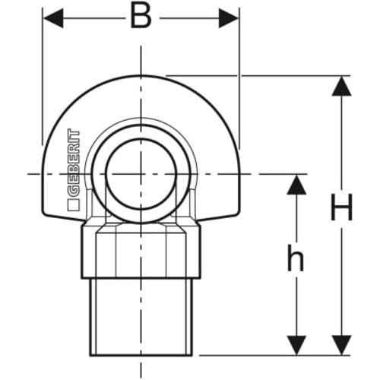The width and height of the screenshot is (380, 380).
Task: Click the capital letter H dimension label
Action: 342,207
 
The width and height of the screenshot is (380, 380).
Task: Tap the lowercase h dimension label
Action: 296,258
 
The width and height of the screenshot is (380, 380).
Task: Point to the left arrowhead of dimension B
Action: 53,18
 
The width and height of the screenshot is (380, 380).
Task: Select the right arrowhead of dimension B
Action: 229,18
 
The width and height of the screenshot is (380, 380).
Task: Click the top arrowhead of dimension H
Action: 341,87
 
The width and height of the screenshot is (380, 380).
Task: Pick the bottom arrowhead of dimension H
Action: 341,345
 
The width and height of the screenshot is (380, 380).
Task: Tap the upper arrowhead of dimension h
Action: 296,185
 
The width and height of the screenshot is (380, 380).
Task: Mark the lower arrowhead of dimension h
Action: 296,345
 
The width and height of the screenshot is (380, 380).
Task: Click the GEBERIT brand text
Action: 74,163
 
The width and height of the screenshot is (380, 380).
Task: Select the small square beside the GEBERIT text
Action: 74,205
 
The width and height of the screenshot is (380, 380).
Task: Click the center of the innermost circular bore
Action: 141,174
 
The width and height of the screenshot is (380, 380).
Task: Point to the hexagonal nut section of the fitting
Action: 141,252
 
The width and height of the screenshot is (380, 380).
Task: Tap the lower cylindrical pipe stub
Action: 141,317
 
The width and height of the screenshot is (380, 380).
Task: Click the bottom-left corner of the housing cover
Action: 43,214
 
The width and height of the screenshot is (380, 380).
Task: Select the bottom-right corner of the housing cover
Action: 238,214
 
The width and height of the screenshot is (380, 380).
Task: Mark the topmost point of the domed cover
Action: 141,75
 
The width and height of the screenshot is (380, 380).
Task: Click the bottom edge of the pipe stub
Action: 141,355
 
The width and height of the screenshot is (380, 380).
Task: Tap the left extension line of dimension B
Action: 43,77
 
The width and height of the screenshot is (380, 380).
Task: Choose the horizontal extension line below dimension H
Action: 274,355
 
